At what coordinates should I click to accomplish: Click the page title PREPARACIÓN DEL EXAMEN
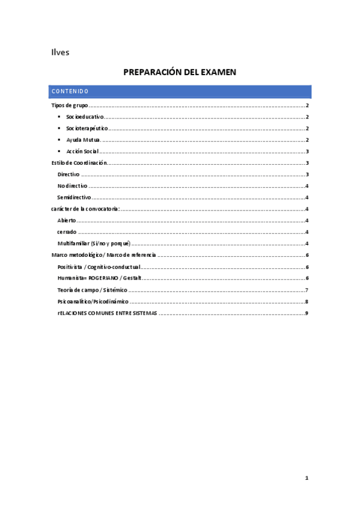(180, 72)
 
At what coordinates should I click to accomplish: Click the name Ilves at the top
(60, 52)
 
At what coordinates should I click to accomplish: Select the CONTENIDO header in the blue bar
(70, 91)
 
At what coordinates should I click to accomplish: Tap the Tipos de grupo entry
(70, 106)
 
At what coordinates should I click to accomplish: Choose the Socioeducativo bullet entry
(85, 117)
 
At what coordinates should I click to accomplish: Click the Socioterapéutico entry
(87, 129)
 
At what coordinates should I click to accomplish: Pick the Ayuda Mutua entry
(83, 140)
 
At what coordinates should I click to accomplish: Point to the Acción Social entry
(82, 152)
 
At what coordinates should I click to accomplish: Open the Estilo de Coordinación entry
(79, 163)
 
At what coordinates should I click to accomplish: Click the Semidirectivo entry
(74, 197)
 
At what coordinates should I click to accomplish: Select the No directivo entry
(72, 186)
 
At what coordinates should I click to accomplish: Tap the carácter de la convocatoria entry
(85, 209)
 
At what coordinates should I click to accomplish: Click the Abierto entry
(67, 221)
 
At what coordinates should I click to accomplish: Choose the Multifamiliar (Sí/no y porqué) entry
(94, 244)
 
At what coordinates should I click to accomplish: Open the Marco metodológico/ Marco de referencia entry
(103, 255)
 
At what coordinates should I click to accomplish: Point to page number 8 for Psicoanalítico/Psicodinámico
(307, 301)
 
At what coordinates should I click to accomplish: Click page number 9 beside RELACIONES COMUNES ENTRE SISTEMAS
(307, 313)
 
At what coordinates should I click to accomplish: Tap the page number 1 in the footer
(307, 478)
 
